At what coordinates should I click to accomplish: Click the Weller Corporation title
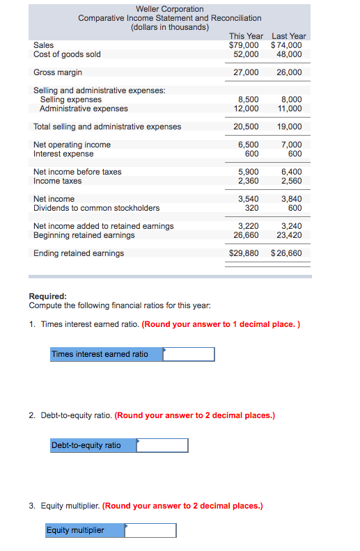coord(170,9)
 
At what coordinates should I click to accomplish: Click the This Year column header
coord(246,36)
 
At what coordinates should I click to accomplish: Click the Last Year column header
coord(288,36)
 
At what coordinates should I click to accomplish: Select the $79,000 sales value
coord(244,45)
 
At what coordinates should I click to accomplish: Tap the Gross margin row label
coord(58,72)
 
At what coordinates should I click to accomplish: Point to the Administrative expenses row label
coord(84,109)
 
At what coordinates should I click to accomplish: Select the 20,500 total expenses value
coord(246,127)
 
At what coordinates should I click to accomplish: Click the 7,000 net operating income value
coord(291,145)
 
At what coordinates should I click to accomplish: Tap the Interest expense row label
coord(63,154)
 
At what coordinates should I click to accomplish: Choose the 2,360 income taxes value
coord(248,181)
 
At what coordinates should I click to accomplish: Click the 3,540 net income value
coord(248,199)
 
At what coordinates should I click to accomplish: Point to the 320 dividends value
coord(252,208)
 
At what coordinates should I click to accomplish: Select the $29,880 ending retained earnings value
coord(244,253)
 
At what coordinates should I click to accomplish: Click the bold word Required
coord(47,296)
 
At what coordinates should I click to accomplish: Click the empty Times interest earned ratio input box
coord(189,354)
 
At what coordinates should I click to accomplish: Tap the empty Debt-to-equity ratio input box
coord(162,445)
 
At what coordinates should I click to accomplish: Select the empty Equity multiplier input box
coord(150,531)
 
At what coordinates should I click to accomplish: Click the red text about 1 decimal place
coord(221,324)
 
